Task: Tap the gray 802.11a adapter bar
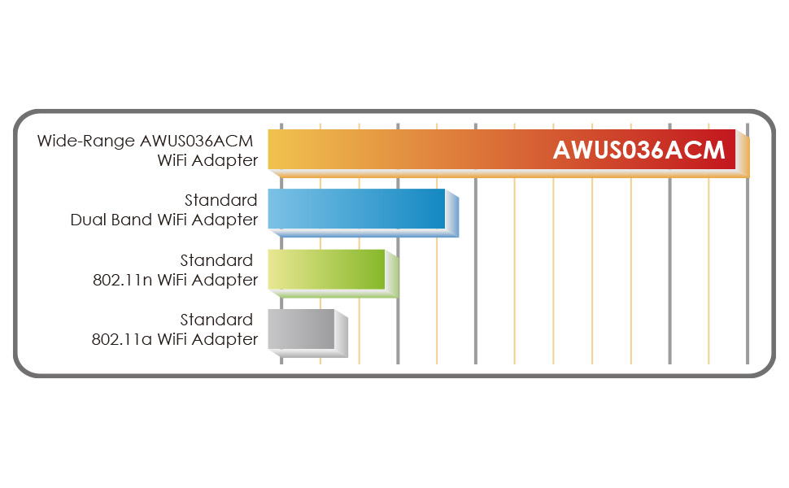pos(301,329)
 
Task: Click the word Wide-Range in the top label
pos(86,141)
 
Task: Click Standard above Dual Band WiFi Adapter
pos(220,200)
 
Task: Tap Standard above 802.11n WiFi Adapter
pos(216,260)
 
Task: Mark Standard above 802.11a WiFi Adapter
pos(216,320)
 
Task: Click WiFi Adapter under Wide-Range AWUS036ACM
pos(207,161)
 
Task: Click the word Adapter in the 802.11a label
pos(228,339)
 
